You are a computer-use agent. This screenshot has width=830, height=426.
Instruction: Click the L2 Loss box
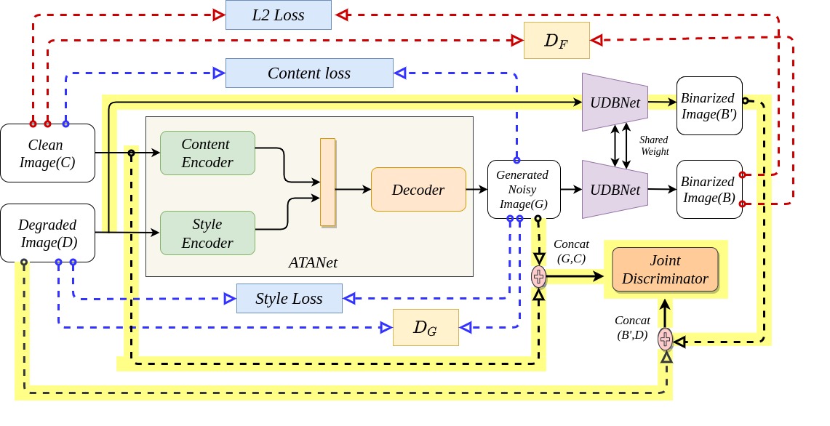pyautogui.click(x=279, y=15)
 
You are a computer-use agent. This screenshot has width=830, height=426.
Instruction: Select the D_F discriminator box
pyautogui.click(x=556, y=40)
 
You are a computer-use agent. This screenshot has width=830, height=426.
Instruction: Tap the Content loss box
pyautogui.click(x=309, y=73)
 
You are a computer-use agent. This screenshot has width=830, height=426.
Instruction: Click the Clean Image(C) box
pyautogui.click(x=47, y=153)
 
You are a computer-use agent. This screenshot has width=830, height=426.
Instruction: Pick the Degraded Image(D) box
pyautogui.click(x=47, y=233)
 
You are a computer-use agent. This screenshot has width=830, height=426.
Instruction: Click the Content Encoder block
pyautogui.click(x=207, y=153)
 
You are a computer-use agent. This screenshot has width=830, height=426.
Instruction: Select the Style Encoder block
pyautogui.click(x=207, y=233)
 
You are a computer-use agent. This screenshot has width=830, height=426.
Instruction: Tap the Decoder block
pyautogui.click(x=419, y=190)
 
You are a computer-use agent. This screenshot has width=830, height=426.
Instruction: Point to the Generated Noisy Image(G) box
pyautogui.click(x=524, y=190)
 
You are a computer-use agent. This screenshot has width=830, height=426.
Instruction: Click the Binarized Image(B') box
pyautogui.click(x=709, y=106)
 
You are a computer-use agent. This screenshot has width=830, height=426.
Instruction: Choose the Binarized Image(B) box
pyautogui.click(x=709, y=190)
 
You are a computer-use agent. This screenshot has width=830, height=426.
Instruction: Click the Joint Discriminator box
pyautogui.click(x=666, y=270)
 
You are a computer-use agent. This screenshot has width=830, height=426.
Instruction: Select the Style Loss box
pyautogui.click(x=289, y=299)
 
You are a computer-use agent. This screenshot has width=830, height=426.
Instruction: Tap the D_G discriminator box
pyautogui.click(x=426, y=328)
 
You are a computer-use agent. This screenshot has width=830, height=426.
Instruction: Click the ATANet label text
pyautogui.click(x=313, y=262)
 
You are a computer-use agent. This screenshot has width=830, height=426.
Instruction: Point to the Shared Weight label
pyautogui.click(x=654, y=145)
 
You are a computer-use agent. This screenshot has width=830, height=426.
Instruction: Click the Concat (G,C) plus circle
pyautogui.click(x=538, y=276)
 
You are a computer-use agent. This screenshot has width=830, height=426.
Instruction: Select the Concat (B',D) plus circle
pyautogui.click(x=666, y=339)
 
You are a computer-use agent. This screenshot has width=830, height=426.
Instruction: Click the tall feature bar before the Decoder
pyautogui.click(x=328, y=182)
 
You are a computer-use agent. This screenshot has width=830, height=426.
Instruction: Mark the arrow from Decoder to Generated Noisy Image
pyautogui.click(x=477, y=189)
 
